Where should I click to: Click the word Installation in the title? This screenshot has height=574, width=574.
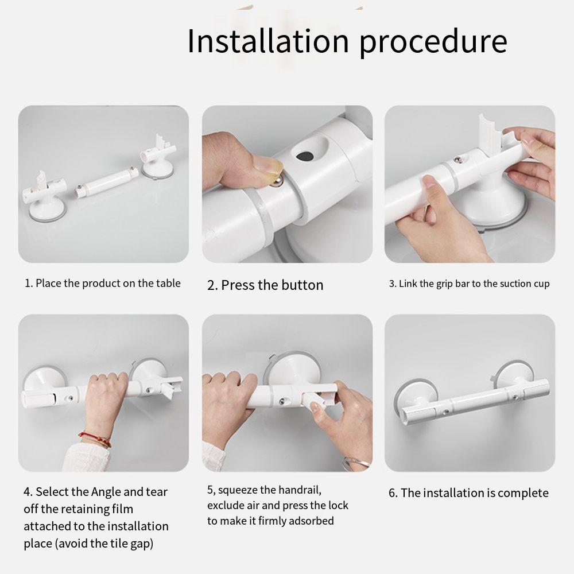pos(267,41)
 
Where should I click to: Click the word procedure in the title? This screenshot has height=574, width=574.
pos(433,42)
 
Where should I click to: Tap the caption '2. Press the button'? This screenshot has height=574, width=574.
pos(265,285)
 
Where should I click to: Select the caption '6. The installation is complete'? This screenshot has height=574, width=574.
pos(469,493)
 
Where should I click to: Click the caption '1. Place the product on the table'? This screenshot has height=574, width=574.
pos(103,283)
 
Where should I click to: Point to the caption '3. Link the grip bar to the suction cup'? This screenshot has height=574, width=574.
pos(470,284)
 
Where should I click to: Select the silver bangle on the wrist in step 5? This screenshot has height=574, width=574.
pos(356,461)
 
